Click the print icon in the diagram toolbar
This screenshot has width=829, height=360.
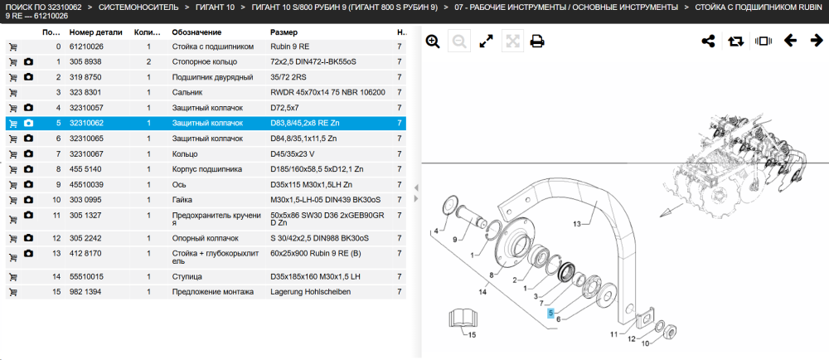click(537, 41)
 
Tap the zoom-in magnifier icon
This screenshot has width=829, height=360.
click(433, 41)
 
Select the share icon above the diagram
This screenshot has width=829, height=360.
click(709, 41)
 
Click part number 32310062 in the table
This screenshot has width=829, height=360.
click(86, 123)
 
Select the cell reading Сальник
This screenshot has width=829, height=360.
click(185, 93)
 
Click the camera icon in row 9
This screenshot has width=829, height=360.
click(28, 184)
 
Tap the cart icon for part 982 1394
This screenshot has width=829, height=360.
click(12, 292)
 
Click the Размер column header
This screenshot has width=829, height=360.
click(284, 32)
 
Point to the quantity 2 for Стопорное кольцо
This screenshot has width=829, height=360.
click(149, 62)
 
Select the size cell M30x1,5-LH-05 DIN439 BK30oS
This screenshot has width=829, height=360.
click(325, 200)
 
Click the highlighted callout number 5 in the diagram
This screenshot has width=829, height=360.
click(551, 313)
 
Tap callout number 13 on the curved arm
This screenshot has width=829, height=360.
click(577, 224)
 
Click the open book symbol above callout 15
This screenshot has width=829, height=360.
click(463, 319)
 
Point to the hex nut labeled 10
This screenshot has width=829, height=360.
click(669, 330)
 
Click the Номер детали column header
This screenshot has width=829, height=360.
click(95, 32)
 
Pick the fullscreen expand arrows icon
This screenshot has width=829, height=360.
click(486, 41)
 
